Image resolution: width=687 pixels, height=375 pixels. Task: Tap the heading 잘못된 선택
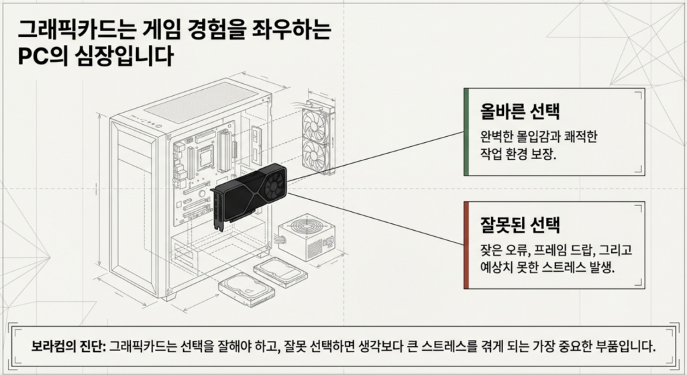[x=516, y=224]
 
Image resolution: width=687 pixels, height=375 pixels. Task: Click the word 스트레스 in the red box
[x=559, y=267]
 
